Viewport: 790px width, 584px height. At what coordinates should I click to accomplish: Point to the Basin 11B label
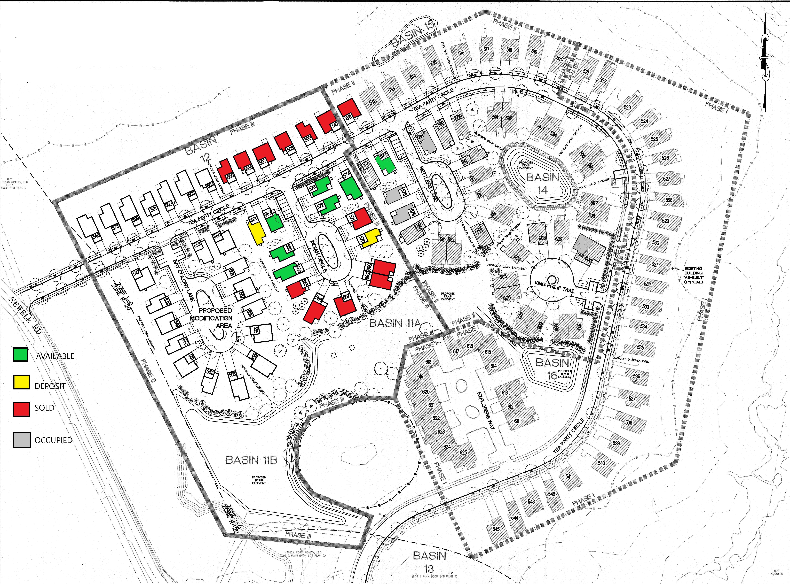pyautogui.click(x=251, y=460)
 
